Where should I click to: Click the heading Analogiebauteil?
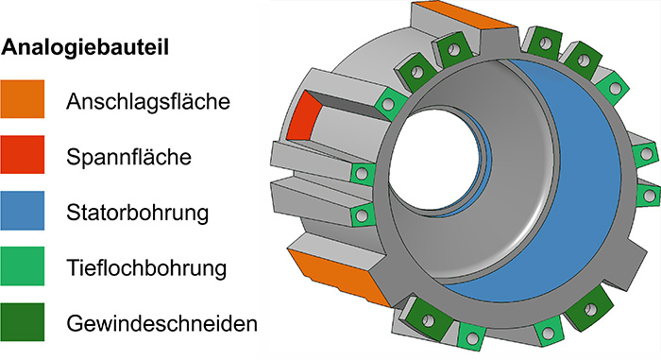coord(81,48)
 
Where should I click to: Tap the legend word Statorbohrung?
coord(138,212)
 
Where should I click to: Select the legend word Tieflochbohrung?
coord(147,267)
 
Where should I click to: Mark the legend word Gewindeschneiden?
coord(162,324)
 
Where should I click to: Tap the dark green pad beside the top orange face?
coord(452,52)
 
